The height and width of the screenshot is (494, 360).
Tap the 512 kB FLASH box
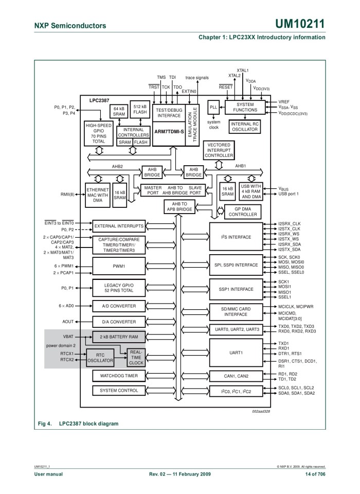pos(140,109)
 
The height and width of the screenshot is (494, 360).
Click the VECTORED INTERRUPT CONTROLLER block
pos(219,150)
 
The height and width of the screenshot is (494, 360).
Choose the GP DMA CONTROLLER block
pos(243,211)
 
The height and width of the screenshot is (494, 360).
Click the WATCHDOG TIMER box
pos(119,376)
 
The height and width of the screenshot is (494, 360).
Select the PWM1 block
pos(119,267)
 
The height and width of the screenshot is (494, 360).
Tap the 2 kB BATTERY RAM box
pos(119,337)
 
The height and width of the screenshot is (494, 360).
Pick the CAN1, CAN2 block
pos(236,376)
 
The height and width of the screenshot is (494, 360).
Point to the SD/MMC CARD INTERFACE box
pos(236,311)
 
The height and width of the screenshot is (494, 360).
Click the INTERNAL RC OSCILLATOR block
pos(245,127)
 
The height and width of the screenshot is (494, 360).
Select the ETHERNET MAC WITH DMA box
pos(98,195)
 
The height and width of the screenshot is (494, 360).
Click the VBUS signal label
pos(284,189)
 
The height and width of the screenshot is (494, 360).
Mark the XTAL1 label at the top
pos(243,70)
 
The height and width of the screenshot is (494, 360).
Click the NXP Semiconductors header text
pos(70,25)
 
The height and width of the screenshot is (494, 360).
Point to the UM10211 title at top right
pos(300,24)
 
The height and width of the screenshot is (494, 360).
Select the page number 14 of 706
pos(315,474)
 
